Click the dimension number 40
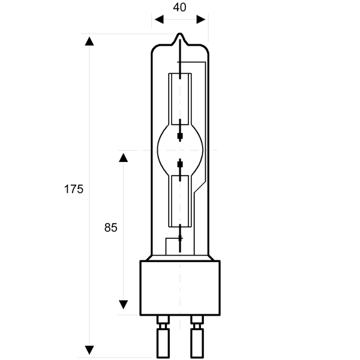point(179,7)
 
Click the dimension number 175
point(73,189)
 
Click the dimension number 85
point(110,227)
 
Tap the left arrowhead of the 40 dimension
point(159,20)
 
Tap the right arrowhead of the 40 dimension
point(201,20)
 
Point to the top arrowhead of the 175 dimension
point(89,41)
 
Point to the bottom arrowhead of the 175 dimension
point(89,350)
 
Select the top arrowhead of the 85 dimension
point(123,158)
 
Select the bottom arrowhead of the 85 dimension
point(123,304)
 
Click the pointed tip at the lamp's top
point(180,34)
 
